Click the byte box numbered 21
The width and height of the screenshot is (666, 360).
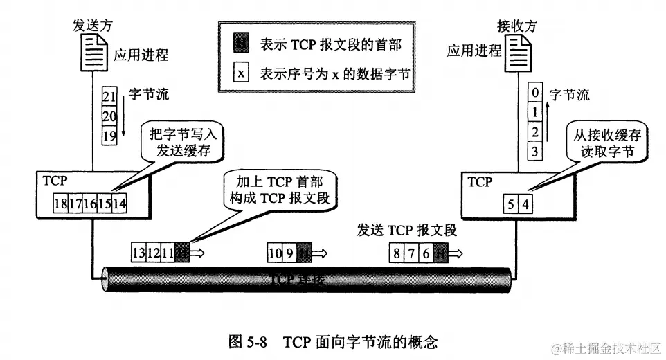click(x=109, y=96)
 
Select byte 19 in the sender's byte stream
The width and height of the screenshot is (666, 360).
click(x=109, y=136)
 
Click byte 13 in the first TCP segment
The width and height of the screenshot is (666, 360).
click(x=139, y=253)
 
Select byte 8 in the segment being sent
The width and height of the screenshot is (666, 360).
click(x=397, y=253)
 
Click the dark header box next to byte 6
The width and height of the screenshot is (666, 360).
click(x=441, y=253)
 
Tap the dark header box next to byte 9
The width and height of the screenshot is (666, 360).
click(x=304, y=253)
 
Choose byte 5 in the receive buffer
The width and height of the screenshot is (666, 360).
click(x=511, y=205)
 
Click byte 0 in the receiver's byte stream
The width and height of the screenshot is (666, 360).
click(x=534, y=91)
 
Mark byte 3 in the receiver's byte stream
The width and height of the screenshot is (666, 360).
click(x=534, y=150)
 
